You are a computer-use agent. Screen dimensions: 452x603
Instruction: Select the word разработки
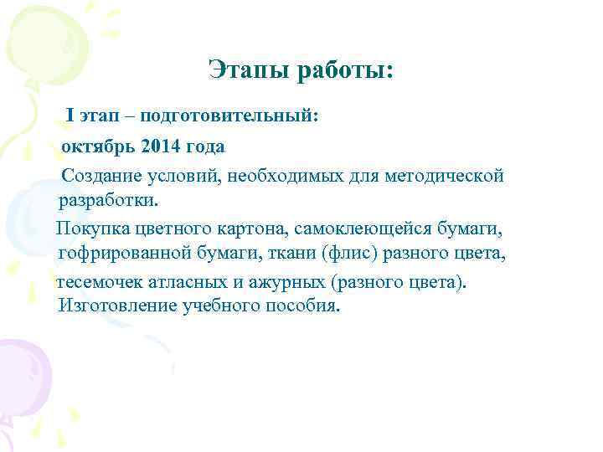click(x=107, y=201)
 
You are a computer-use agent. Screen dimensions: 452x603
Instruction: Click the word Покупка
click(x=90, y=229)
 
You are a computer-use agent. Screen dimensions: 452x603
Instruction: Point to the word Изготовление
click(x=112, y=306)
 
